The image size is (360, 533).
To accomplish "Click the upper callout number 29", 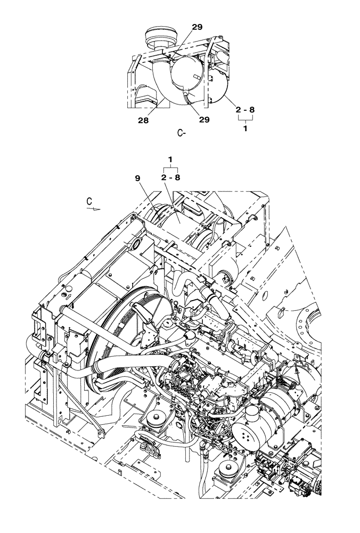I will point(197,27).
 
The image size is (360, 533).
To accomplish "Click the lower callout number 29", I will point(204,120).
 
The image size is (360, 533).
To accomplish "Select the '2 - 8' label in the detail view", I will point(245,110).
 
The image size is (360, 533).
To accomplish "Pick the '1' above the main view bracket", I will point(170,159).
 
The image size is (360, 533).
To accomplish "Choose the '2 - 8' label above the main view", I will point(170,177).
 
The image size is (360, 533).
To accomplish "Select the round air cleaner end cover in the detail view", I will point(184,75).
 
